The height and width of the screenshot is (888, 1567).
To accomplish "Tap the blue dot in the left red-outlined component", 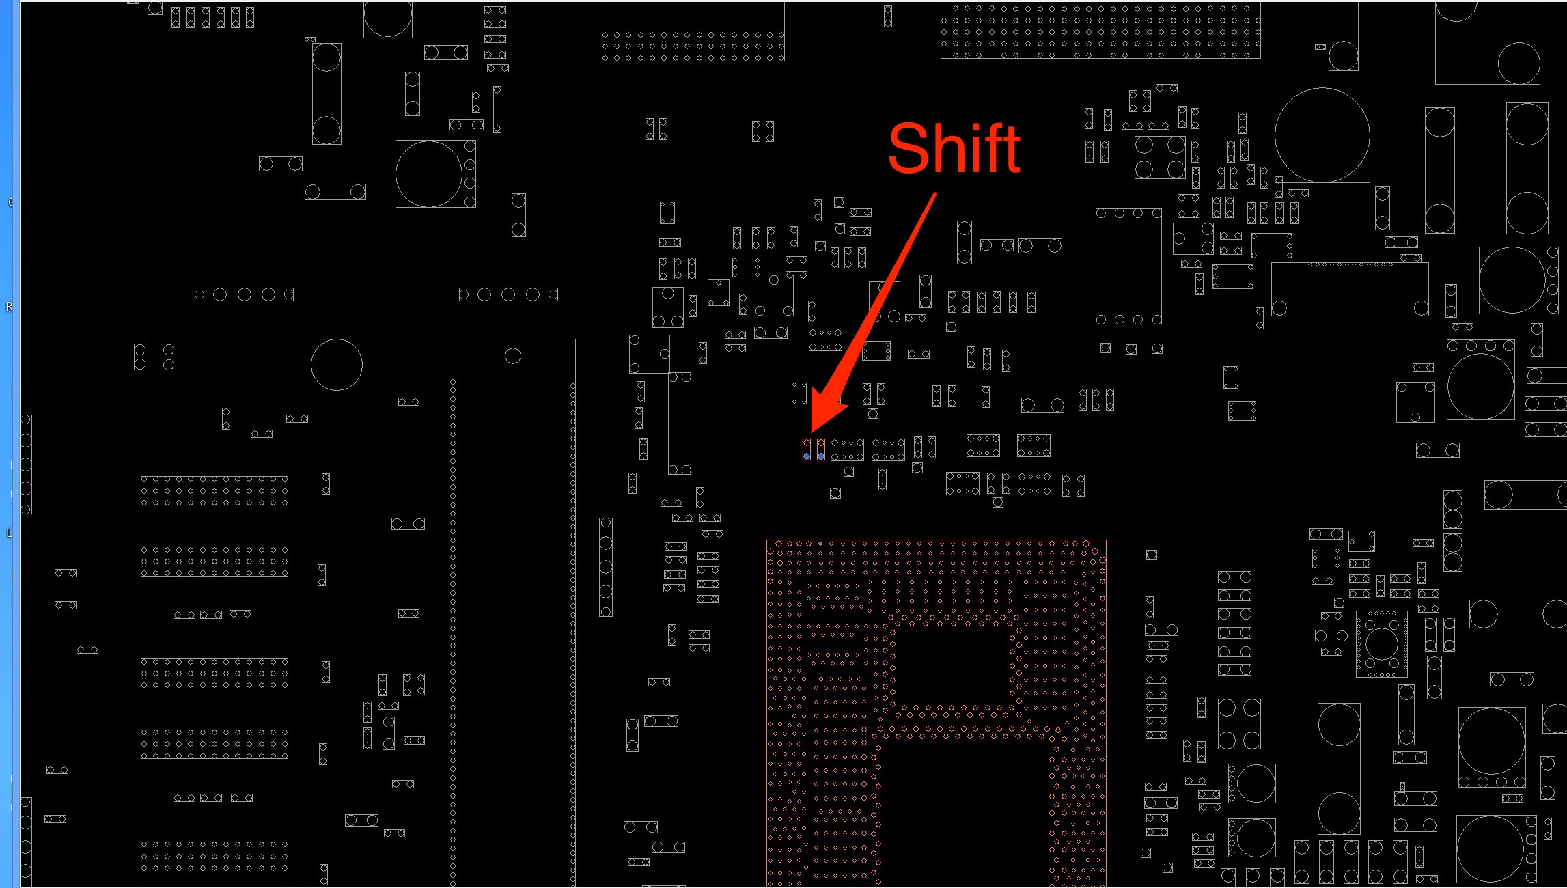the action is pos(807,456).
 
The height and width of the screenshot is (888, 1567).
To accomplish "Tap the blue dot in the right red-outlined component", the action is pos(821,456).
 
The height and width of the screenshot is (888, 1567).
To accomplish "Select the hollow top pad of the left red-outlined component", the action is pos(807,444).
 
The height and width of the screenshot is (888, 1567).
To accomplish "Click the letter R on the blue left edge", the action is pos(9,307).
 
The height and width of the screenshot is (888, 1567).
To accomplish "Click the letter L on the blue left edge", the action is pos(9,533).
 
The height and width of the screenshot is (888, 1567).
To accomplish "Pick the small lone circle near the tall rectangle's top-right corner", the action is pos(513,356).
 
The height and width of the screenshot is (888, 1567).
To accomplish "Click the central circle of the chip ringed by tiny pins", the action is pos(1381,643).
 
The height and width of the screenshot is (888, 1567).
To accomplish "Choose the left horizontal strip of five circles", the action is pos(244,294).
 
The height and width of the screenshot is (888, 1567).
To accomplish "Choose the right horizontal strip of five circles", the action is pos(508,294).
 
